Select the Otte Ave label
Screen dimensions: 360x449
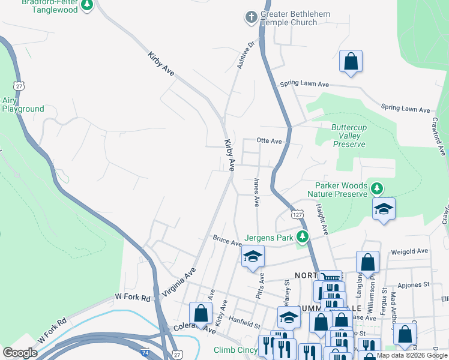pyautogui.click(x=269, y=141)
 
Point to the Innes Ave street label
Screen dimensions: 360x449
pyautogui.click(x=256, y=193)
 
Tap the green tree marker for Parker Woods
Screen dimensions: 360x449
pyautogui.click(x=376, y=189)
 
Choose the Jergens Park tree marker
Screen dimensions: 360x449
pyautogui.click(x=303, y=238)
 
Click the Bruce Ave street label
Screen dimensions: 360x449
pyautogui.click(x=227, y=240)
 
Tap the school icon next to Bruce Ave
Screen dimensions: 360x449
pyautogui.click(x=253, y=257)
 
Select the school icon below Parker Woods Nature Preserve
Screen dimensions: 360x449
pyautogui.click(x=384, y=209)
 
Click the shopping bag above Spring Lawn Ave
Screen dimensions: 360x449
pyautogui.click(x=351, y=62)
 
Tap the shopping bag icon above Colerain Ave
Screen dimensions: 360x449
pyautogui.click(x=200, y=313)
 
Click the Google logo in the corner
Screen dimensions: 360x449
pyautogui.click(x=20, y=353)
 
